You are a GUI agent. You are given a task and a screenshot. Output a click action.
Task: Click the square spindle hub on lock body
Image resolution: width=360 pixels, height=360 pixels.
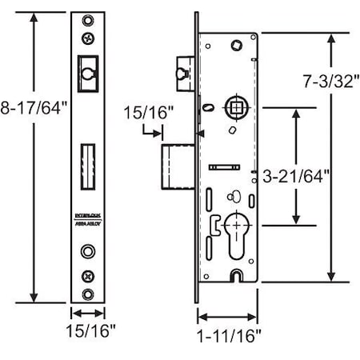pyautogui.click(x=237, y=108)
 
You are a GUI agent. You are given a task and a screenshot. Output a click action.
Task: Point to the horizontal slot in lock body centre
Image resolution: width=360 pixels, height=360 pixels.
pyautogui.click(x=224, y=166)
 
